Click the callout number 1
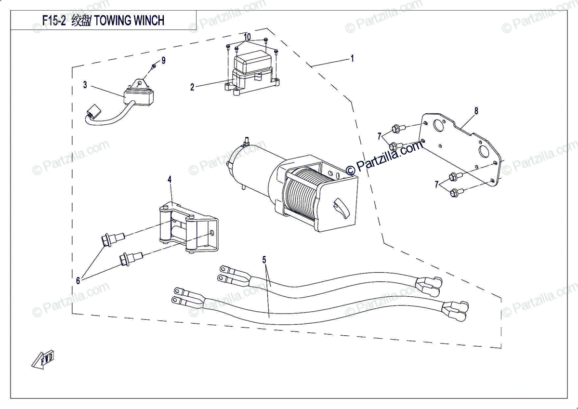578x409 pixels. [353, 58]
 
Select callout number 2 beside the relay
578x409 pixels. [192, 87]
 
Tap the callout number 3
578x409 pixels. [85, 85]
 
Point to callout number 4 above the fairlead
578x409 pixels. [170, 179]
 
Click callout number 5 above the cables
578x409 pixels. [264, 260]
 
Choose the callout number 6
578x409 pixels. [79, 280]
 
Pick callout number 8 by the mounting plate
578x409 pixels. [476, 111]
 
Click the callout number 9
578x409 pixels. [163, 60]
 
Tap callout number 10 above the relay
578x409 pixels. [247, 37]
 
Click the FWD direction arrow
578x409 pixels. [42, 360]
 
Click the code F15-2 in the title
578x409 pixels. [53, 21]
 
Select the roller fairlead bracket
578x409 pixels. [188, 229]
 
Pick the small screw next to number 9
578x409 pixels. [153, 66]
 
